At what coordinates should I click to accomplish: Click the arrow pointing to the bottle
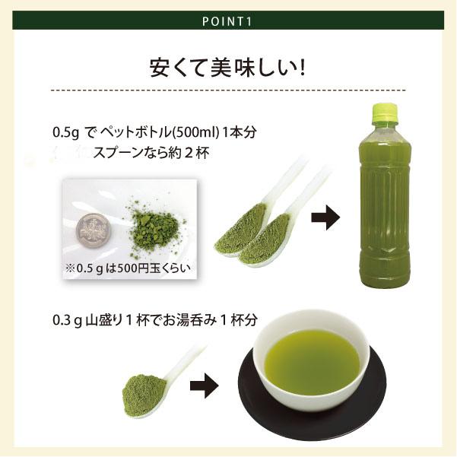tap(325, 221)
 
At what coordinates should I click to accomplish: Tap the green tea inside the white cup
tap(313, 358)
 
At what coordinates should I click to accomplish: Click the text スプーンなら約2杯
tap(151, 152)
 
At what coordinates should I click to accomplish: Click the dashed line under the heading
tap(228, 90)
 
